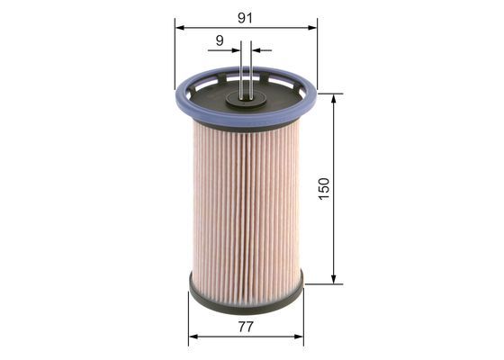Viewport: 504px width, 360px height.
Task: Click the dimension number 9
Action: point(220,40)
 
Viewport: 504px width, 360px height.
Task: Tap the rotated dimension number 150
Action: point(324,189)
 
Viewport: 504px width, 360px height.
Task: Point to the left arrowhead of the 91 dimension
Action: point(178,28)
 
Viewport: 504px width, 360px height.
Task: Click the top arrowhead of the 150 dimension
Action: point(335,97)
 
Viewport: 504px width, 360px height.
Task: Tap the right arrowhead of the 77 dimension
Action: point(301,337)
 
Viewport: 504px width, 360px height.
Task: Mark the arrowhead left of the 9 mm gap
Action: point(237,50)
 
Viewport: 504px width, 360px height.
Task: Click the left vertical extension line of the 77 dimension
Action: point(189,319)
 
